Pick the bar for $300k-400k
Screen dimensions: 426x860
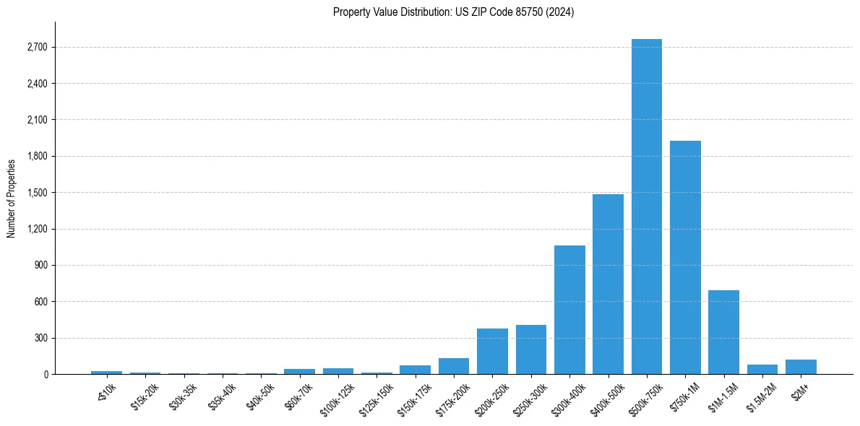(x=569, y=310)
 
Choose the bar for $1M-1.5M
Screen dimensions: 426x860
(x=723, y=332)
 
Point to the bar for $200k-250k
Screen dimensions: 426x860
(x=492, y=351)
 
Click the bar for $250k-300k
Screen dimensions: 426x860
(x=531, y=349)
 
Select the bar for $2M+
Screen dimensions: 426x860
(x=801, y=367)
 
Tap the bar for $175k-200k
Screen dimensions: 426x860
(x=454, y=366)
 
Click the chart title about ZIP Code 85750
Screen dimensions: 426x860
(x=453, y=12)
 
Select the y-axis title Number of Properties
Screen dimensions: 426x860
(x=12, y=198)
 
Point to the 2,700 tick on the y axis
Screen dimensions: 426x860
(x=37, y=48)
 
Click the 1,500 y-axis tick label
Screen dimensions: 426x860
(x=37, y=193)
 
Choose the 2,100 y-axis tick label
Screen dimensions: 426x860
(x=37, y=120)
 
